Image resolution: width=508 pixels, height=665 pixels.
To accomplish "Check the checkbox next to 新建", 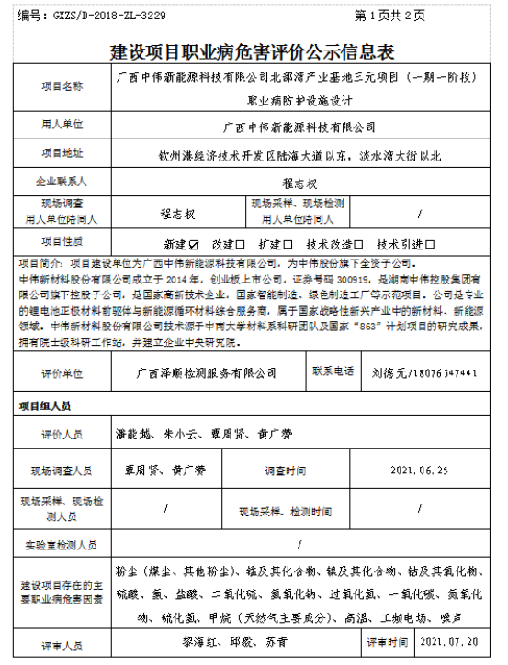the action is click(x=194, y=245).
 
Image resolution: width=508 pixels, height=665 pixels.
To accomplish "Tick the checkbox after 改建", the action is click(x=241, y=245).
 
